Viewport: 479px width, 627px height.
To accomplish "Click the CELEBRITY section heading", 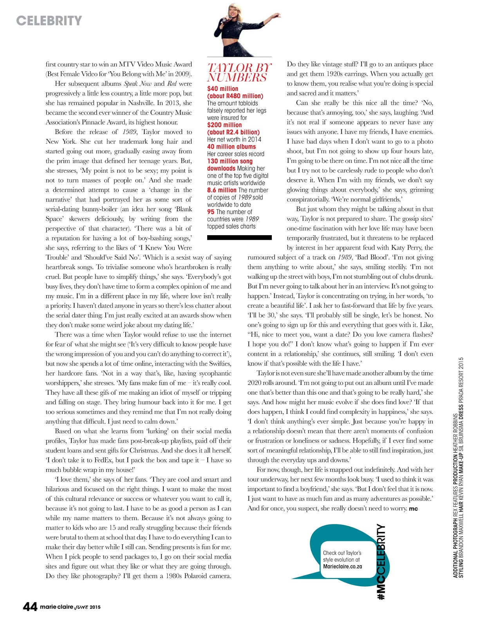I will click(49, 20).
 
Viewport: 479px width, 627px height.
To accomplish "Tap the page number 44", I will click(30, 607).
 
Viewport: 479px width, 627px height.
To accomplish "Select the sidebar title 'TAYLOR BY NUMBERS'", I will click(239, 72).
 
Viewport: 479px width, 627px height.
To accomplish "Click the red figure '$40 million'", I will click(222, 89).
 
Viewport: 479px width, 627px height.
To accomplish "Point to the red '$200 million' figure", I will click(224, 125).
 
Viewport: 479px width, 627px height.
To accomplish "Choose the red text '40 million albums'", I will click(231, 147).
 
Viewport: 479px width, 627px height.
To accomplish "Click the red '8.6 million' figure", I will click(222, 190).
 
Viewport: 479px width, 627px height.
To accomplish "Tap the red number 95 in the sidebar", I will click(211, 212).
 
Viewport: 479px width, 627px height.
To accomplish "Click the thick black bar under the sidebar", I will click(239, 237).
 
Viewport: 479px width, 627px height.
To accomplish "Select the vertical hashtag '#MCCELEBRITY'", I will click(381, 562).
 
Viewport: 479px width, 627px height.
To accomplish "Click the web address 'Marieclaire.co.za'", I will click(342, 566).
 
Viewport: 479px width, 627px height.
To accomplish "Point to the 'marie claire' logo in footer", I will click(57, 607).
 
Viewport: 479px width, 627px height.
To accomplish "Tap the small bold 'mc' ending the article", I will click(413, 509).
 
